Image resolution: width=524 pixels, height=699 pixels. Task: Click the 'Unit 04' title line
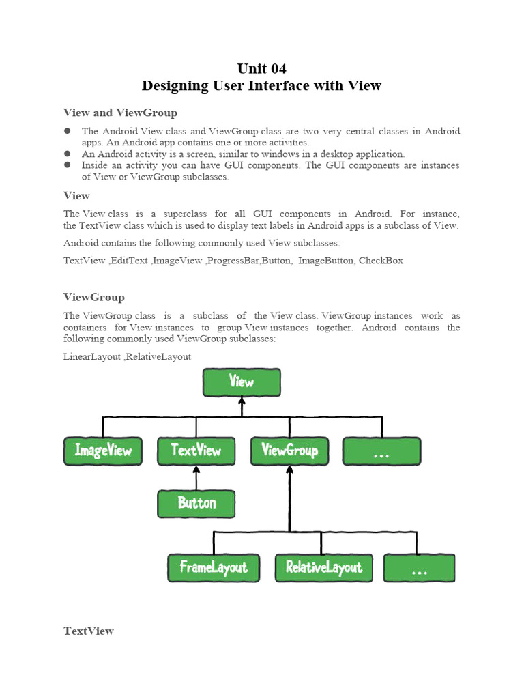point(262,68)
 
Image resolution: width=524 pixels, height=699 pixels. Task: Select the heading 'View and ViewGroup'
point(120,113)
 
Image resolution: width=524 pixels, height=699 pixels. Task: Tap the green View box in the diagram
point(242,382)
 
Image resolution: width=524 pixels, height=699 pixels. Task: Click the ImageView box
point(103,451)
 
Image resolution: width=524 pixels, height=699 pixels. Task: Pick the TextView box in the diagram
point(196,451)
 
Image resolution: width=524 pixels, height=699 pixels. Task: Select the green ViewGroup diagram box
point(289,451)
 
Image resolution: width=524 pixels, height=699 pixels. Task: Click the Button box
point(196,504)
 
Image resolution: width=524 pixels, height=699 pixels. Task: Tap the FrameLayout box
point(214,567)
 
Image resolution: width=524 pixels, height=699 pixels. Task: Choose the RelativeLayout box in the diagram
point(324,567)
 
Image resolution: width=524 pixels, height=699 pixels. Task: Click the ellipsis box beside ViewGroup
point(381,451)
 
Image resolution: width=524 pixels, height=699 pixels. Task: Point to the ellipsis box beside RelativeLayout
point(419,567)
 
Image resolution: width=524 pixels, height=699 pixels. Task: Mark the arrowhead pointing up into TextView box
point(196,470)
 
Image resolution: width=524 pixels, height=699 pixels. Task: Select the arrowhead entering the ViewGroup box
point(289,470)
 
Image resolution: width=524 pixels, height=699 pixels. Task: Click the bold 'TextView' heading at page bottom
point(89,631)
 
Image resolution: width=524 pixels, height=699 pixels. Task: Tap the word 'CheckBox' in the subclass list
point(381,261)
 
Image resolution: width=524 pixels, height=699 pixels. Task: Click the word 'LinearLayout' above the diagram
point(91,356)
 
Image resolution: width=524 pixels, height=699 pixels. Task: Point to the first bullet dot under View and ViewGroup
point(68,131)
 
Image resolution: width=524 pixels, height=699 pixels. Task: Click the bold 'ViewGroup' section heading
point(94,298)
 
